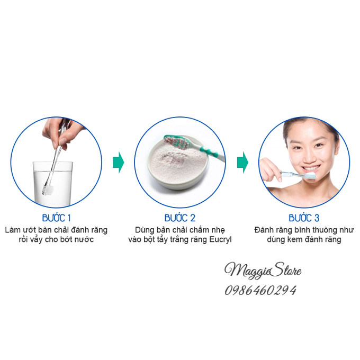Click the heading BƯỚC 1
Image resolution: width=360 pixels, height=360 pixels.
point(56,218)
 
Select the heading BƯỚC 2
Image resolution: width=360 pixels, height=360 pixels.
point(180,218)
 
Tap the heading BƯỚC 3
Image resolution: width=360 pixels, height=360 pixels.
point(304,218)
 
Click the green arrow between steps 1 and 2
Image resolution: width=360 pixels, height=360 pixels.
point(118,163)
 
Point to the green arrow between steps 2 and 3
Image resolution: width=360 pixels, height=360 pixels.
point(242,163)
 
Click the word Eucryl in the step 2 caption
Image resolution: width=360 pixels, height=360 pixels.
point(220,239)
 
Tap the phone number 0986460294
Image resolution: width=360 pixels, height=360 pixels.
point(260,291)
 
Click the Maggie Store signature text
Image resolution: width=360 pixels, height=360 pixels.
point(263,271)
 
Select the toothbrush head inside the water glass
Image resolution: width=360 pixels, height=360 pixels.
point(48,190)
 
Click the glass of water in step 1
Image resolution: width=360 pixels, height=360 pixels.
point(53,184)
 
